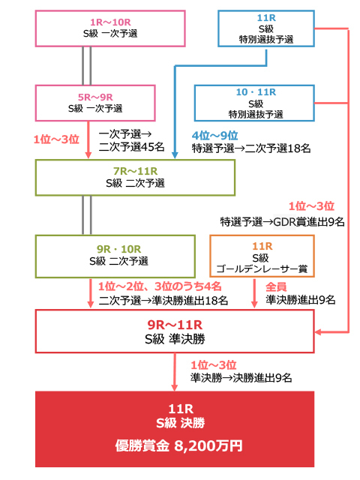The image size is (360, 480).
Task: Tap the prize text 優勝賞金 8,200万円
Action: coord(179,445)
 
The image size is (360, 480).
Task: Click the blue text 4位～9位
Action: coord(215,135)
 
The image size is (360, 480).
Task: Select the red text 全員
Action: coord(276,286)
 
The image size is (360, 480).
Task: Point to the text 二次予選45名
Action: coord(132,147)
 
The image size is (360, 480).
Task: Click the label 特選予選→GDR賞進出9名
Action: coord(282,222)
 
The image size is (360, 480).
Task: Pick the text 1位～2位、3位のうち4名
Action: coord(160,286)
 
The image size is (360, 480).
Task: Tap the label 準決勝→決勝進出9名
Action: coord(241,378)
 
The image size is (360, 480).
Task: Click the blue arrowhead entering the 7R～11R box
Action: coord(175,155)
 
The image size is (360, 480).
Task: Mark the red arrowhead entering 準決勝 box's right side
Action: coord(318,331)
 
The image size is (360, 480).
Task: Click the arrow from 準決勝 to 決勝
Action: coord(175,372)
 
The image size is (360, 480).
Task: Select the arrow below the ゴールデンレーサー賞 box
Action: coord(254,293)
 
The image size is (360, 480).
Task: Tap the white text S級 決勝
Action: coord(180,423)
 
